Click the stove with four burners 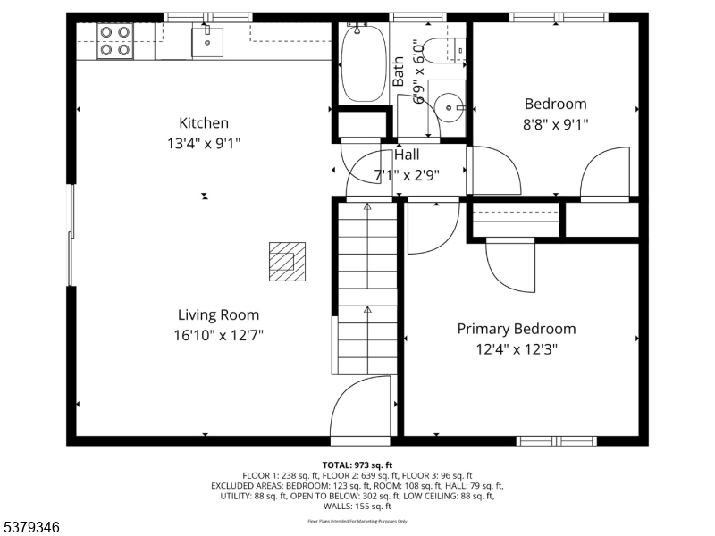click(x=114, y=41)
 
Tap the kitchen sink click(x=207, y=41)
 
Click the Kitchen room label click(x=204, y=123)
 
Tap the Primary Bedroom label click(x=517, y=329)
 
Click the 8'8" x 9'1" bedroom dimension click(x=556, y=124)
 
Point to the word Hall click(x=407, y=155)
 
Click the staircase click(x=366, y=286)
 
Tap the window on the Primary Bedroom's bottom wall click(x=557, y=440)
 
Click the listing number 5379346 click(x=31, y=527)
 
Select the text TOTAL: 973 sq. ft click(x=357, y=465)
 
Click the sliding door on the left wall click(x=71, y=235)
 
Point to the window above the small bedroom click(x=559, y=17)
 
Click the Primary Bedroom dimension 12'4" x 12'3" click(x=517, y=349)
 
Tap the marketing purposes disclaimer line click(x=357, y=521)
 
